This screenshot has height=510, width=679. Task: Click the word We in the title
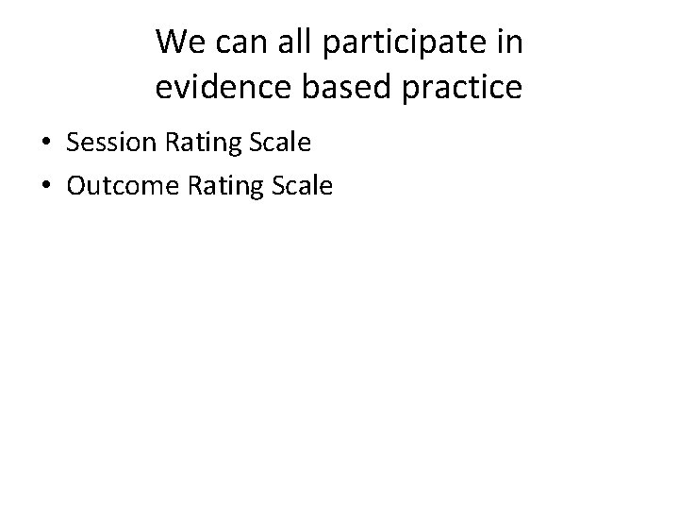click(x=177, y=42)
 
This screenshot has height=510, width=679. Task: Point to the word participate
click(x=396, y=43)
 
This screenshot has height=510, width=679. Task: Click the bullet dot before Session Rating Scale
click(x=47, y=144)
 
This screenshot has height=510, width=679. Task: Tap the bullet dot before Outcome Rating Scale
click(x=47, y=186)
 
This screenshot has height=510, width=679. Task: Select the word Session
click(x=112, y=144)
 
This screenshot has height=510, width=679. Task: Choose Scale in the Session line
click(x=277, y=144)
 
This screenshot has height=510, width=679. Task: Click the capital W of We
click(x=171, y=42)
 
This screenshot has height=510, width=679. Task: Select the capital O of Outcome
click(x=76, y=185)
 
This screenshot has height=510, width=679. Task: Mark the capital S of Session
click(x=73, y=144)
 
